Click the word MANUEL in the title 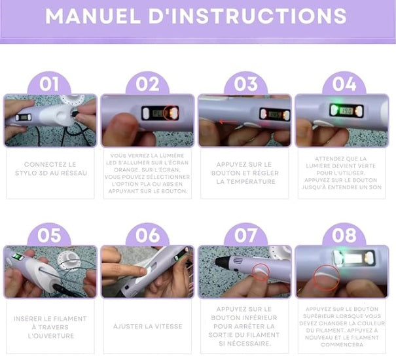[x=93, y=16]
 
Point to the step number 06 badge [x=147, y=235]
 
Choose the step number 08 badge [x=344, y=235]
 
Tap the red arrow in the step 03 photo [x=228, y=122]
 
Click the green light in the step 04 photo [x=334, y=110]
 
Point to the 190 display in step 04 [x=346, y=111]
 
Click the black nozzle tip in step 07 [x=220, y=262]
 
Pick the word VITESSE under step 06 [x=168, y=327]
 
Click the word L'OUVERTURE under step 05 [x=51, y=336]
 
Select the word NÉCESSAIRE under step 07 [x=249, y=344]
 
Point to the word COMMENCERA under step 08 [x=342, y=344]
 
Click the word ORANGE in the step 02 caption [x=126, y=170]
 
